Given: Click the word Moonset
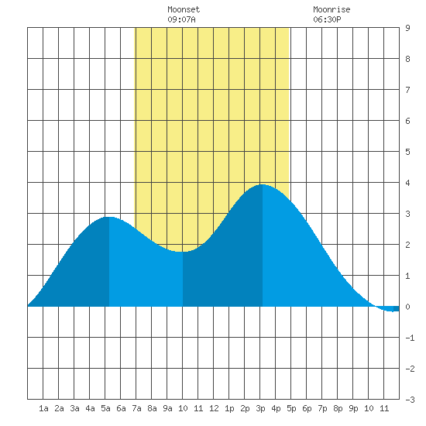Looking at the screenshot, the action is click(184, 9).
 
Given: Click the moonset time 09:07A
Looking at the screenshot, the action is click(181, 19).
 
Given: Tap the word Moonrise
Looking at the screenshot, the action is click(332, 9).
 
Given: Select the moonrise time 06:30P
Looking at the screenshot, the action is click(327, 19).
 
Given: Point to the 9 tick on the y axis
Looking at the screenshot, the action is click(407, 28).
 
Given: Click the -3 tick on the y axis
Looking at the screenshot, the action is click(410, 400).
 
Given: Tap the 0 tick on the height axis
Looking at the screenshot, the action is click(407, 307).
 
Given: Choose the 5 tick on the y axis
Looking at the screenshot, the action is click(407, 152).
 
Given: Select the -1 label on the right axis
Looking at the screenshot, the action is click(410, 338).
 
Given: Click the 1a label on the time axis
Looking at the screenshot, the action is click(43, 408).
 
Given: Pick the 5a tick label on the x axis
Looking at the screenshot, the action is click(105, 408).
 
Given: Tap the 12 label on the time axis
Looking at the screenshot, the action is click(214, 408).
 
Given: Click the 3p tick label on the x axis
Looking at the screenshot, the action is click(260, 408).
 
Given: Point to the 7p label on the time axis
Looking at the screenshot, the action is click(322, 408).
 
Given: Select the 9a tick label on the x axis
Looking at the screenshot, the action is click(167, 408).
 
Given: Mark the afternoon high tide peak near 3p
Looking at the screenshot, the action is click(262, 184).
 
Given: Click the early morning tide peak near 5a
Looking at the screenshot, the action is click(109, 217).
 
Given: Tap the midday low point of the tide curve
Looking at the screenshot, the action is click(182, 252).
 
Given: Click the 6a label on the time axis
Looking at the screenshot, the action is click(121, 408).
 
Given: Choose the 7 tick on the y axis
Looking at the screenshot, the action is click(407, 90).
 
